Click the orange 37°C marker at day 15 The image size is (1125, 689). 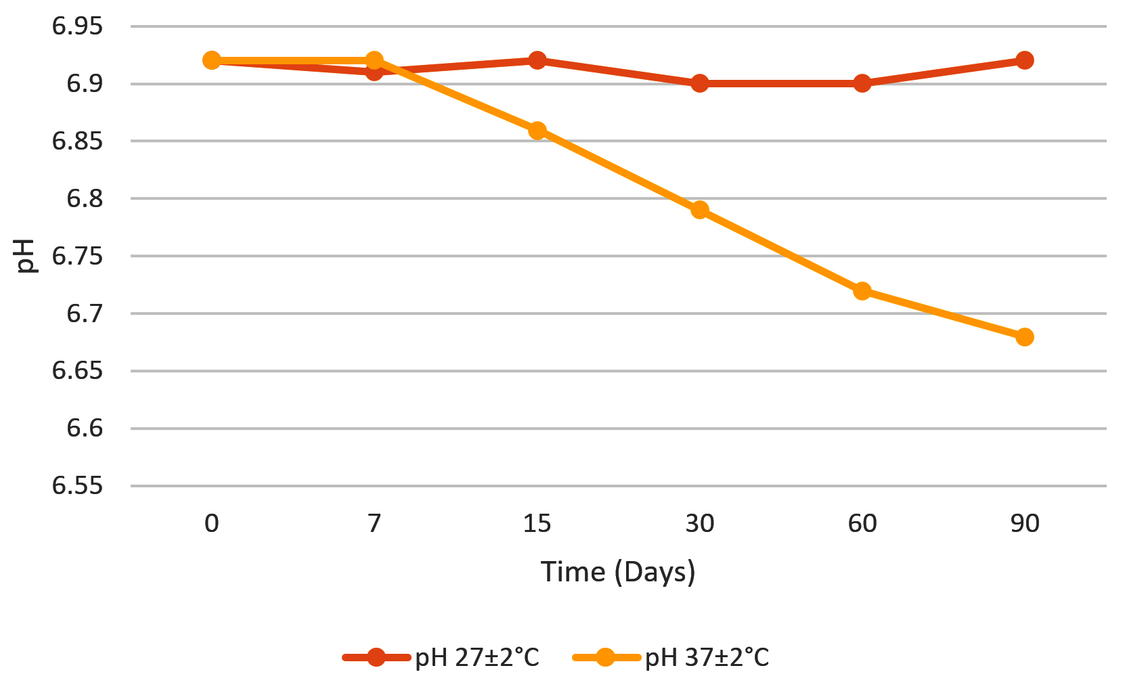(x=537, y=131)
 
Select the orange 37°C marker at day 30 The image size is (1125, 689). (x=700, y=210)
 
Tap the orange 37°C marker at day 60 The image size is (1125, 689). (x=862, y=291)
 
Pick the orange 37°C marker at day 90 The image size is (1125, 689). (x=1025, y=337)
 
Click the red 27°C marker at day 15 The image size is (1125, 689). (x=537, y=60)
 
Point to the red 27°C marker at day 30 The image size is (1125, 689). (x=700, y=84)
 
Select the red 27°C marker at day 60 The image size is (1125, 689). (x=862, y=84)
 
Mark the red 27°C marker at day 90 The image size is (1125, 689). (x=1025, y=60)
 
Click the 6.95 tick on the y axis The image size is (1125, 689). (x=78, y=27)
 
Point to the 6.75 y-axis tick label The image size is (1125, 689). (x=78, y=257)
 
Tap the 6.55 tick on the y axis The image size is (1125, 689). (x=78, y=486)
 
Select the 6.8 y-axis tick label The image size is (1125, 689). (x=85, y=199)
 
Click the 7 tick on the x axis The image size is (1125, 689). (x=374, y=524)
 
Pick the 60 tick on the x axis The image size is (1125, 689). (x=862, y=524)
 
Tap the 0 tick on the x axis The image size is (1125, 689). (x=212, y=524)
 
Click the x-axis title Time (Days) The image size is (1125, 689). (x=618, y=573)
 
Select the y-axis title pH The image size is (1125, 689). (x=26, y=256)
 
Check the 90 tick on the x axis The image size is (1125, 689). (x=1025, y=524)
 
